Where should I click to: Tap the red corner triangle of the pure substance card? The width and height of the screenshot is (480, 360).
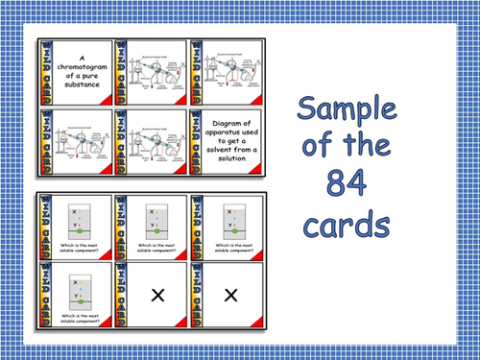pos(108,100)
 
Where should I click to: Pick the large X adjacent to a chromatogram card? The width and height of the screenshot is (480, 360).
pos(156,297)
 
